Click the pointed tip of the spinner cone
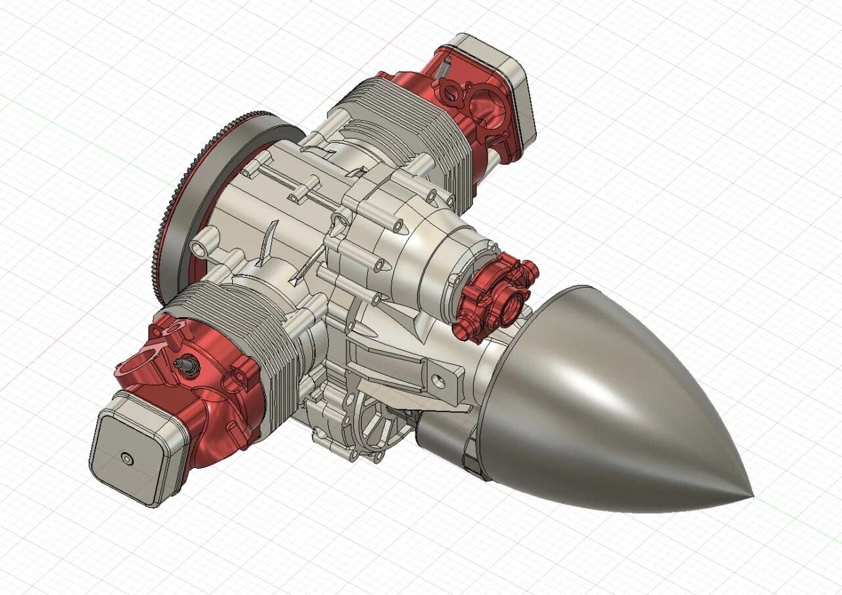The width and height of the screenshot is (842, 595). pos(751,496)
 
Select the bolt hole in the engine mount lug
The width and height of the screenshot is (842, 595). pos(439,382)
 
